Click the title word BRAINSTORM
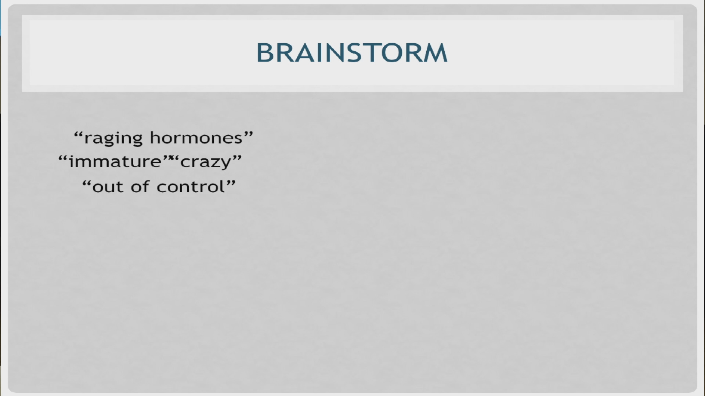click(x=351, y=53)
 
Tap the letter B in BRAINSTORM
click(x=265, y=53)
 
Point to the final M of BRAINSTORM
click(x=435, y=53)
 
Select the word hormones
click(x=196, y=138)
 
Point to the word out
click(x=109, y=187)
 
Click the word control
click(x=190, y=186)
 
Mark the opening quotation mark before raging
click(x=78, y=133)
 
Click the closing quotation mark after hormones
click(x=249, y=133)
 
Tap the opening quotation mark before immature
click(x=63, y=158)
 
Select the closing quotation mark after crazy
click(x=237, y=158)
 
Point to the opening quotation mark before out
click(x=86, y=182)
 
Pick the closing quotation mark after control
click(x=231, y=182)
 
